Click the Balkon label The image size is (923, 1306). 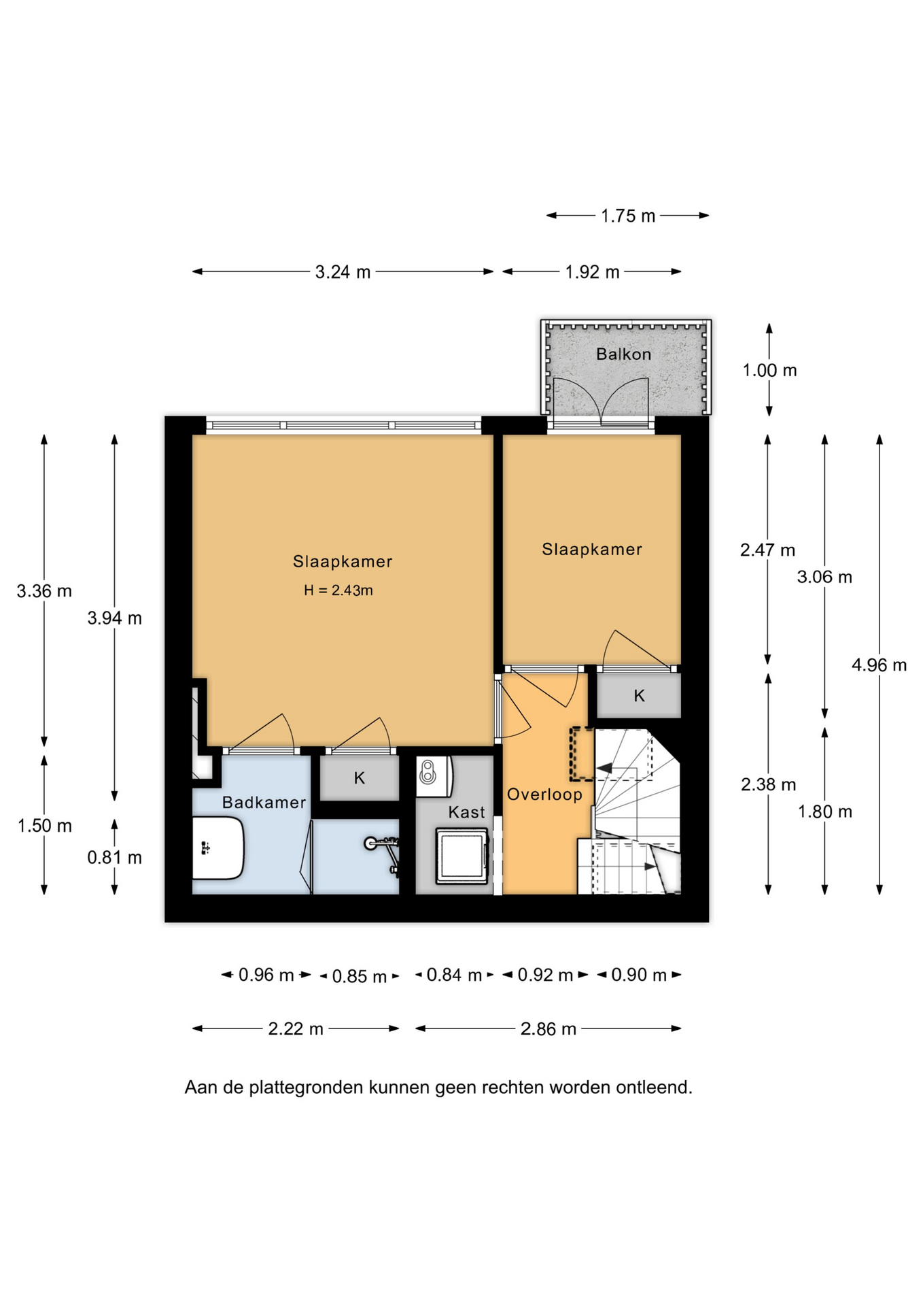pos(623,354)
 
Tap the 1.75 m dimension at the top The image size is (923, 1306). pos(628,216)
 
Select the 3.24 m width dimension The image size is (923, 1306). pos(343,272)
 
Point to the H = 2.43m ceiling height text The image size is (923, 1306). pos(338,590)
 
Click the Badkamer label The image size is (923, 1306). pos(264,803)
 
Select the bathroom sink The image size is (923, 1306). pos(217,848)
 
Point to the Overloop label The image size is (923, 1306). pos(544,794)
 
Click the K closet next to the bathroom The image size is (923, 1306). pos(360,777)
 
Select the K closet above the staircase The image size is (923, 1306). pos(639,695)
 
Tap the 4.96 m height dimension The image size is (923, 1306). pos(879,665)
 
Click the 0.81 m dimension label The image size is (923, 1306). pos(114,858)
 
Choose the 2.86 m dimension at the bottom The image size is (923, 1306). pos(548,1028)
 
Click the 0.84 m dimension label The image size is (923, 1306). pos(454,975)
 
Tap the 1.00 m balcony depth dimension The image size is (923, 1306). pos(769,370)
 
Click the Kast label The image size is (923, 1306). pos(466,812)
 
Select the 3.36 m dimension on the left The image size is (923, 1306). pos(44,591)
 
